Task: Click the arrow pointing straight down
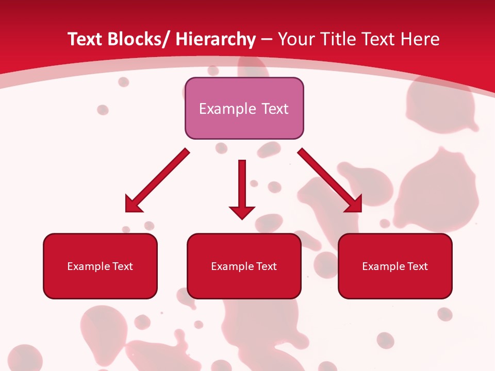click(242, 185)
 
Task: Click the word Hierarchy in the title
click(216, 40)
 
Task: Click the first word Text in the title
click(85, 40)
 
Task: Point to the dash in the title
click(267, 40)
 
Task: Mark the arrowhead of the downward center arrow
click(242, 212)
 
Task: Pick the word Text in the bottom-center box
click(266, 266)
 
